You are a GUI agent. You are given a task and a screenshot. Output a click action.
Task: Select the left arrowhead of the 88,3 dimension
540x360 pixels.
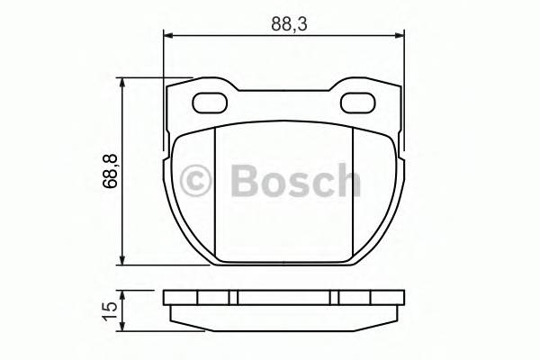pos(168,37)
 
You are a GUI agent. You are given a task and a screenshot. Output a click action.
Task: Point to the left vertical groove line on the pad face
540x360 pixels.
pos(215,193)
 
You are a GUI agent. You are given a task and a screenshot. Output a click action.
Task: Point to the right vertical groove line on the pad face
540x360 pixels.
pos(352,193)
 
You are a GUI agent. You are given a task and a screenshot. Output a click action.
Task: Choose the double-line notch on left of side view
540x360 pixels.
pos(233,298)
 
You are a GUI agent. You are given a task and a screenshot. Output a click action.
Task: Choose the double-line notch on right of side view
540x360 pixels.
pos(334,298)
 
